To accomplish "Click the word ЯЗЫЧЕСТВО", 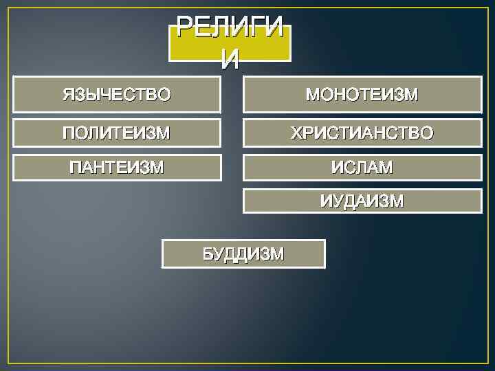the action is (116, 94).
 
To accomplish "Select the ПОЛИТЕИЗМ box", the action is (116, 133).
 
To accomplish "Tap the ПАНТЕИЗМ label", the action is (117, 167).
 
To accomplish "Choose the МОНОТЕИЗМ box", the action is (362, 94).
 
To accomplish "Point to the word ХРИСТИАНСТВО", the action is (362, 133).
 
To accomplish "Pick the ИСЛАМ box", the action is (362, 167).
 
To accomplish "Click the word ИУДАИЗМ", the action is (362, 201).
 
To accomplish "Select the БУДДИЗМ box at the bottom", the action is (243, 254).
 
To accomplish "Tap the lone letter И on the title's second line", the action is (230, 60).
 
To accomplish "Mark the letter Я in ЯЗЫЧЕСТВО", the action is (68, 94).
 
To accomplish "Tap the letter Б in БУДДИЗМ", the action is (208, 254).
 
